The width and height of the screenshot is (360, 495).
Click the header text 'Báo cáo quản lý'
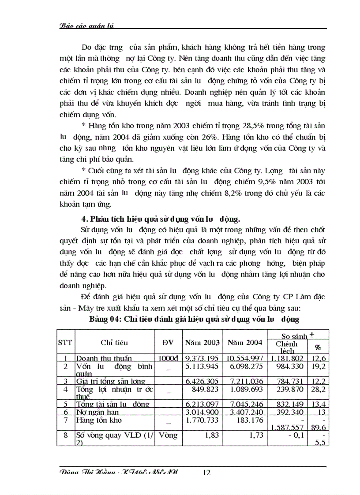(x=86, y=26)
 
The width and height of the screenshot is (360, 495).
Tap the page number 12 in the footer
(x=206, y=473)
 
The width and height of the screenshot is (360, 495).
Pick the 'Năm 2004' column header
(x=244, y=342)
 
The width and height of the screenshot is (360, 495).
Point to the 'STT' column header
(x=65, y=342)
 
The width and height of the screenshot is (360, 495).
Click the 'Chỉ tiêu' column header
(x=114, y=342)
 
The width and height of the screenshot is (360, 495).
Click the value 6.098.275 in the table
(x=244, y=366)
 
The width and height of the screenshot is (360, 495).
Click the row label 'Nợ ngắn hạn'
(x=97, y=412)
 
